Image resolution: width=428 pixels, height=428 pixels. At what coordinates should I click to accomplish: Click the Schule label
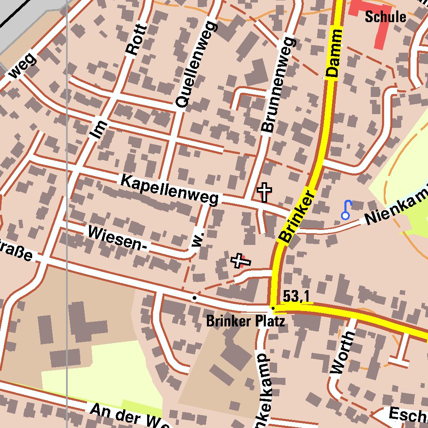[x=385, y=17]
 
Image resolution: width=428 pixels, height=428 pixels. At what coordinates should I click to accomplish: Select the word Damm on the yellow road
[x=334, y=53]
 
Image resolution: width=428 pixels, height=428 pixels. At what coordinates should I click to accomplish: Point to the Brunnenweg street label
[x=278, y=85]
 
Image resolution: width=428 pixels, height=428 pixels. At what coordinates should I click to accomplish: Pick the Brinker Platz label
[x=246, y=321]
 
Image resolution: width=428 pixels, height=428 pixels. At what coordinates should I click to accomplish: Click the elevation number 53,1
[x=296, y=296]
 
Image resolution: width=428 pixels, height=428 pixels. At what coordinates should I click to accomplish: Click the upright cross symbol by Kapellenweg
[x=264, y=192]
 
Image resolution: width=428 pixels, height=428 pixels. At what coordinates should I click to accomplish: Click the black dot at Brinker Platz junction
[x=273, y=308]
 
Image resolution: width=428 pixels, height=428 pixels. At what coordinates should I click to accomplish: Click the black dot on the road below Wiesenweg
[x=194, y=298]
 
